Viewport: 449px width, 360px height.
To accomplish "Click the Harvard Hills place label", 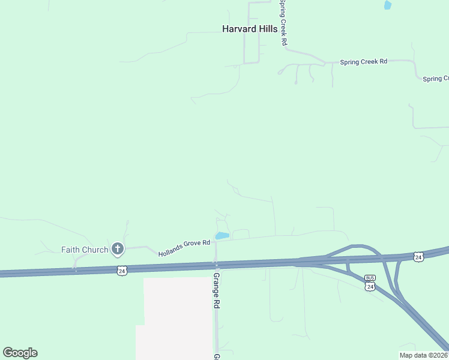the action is pos(250,29).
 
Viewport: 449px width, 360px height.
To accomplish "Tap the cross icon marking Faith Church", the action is pos(118,248).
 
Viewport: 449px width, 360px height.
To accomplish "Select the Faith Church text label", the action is pos(85,250).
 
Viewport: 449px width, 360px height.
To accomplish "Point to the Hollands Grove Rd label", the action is pos(184,248).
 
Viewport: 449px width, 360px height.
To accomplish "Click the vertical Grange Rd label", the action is pos(217,291).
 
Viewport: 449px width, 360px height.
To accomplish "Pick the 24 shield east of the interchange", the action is pos(418,257).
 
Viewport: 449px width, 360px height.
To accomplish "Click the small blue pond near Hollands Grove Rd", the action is pos(221,236).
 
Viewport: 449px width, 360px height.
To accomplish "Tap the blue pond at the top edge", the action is pos(387,5).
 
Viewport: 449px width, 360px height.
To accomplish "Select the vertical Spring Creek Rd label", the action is pos(283,24).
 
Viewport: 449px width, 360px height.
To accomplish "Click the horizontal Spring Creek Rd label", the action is pos(363,61).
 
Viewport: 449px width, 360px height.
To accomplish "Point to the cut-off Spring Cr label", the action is pos(436,79).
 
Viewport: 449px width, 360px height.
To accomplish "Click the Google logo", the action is pos(20,353).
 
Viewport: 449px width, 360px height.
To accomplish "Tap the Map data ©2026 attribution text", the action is pos(423,355).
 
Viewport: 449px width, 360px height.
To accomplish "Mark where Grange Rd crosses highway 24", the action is pos(217,264).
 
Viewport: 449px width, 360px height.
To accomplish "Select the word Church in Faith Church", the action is pos(96,250).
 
